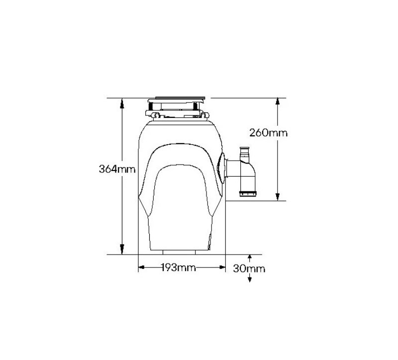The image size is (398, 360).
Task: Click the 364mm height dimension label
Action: pyautogui.click(x=117, y=169)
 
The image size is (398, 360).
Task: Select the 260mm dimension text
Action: pyautogui.click(x=268, y=133)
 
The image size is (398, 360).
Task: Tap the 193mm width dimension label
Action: pyautogui.click(x=179, y=268)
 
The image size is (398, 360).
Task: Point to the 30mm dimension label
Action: pyautogui.click(x=249, y=269)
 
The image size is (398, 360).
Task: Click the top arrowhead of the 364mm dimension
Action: pyautogui.click(x=122, y=102)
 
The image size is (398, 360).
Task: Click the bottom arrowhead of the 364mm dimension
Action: pyautogui.click(x=122, y=250)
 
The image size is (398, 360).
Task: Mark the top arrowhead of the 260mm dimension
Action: pyautogui.click(x=278, y=102)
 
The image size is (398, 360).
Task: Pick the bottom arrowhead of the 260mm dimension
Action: pyautogui.click(x=278, y=197)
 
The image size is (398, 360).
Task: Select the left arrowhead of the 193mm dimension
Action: pyautogui.click(x=141, y=267)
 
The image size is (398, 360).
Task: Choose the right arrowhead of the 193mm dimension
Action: pyautogui.click(x=222, y=267)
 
